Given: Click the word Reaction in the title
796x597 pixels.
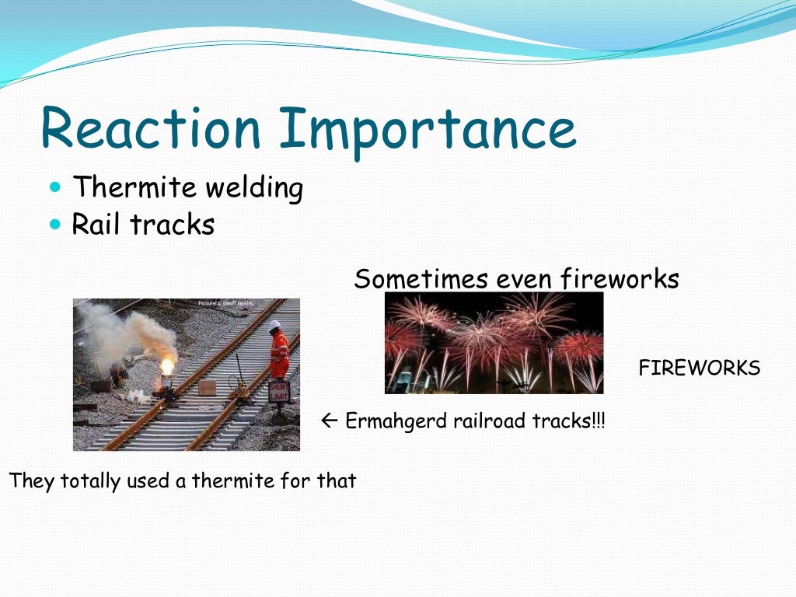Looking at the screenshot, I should point(150,129).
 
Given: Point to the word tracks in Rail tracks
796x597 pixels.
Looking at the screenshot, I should point(172,225).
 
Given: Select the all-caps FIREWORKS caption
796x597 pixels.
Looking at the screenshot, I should point(699,368).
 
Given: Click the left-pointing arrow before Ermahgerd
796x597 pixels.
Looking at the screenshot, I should point(327,421).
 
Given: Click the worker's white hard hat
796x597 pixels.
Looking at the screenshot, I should point(275,326).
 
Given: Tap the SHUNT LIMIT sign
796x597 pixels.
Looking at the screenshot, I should point(278,392).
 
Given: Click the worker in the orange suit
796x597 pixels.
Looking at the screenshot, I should point(279,354).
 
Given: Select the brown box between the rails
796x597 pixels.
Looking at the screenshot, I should point(207,388).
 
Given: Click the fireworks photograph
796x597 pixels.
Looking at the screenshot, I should point(494,343).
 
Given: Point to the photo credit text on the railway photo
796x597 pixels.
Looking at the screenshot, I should point(225,303).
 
